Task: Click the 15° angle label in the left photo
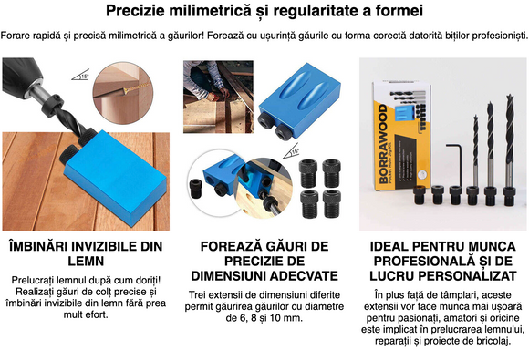click(85, 77)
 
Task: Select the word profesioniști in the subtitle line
click(493, 35)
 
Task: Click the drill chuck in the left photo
click(23, 91)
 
